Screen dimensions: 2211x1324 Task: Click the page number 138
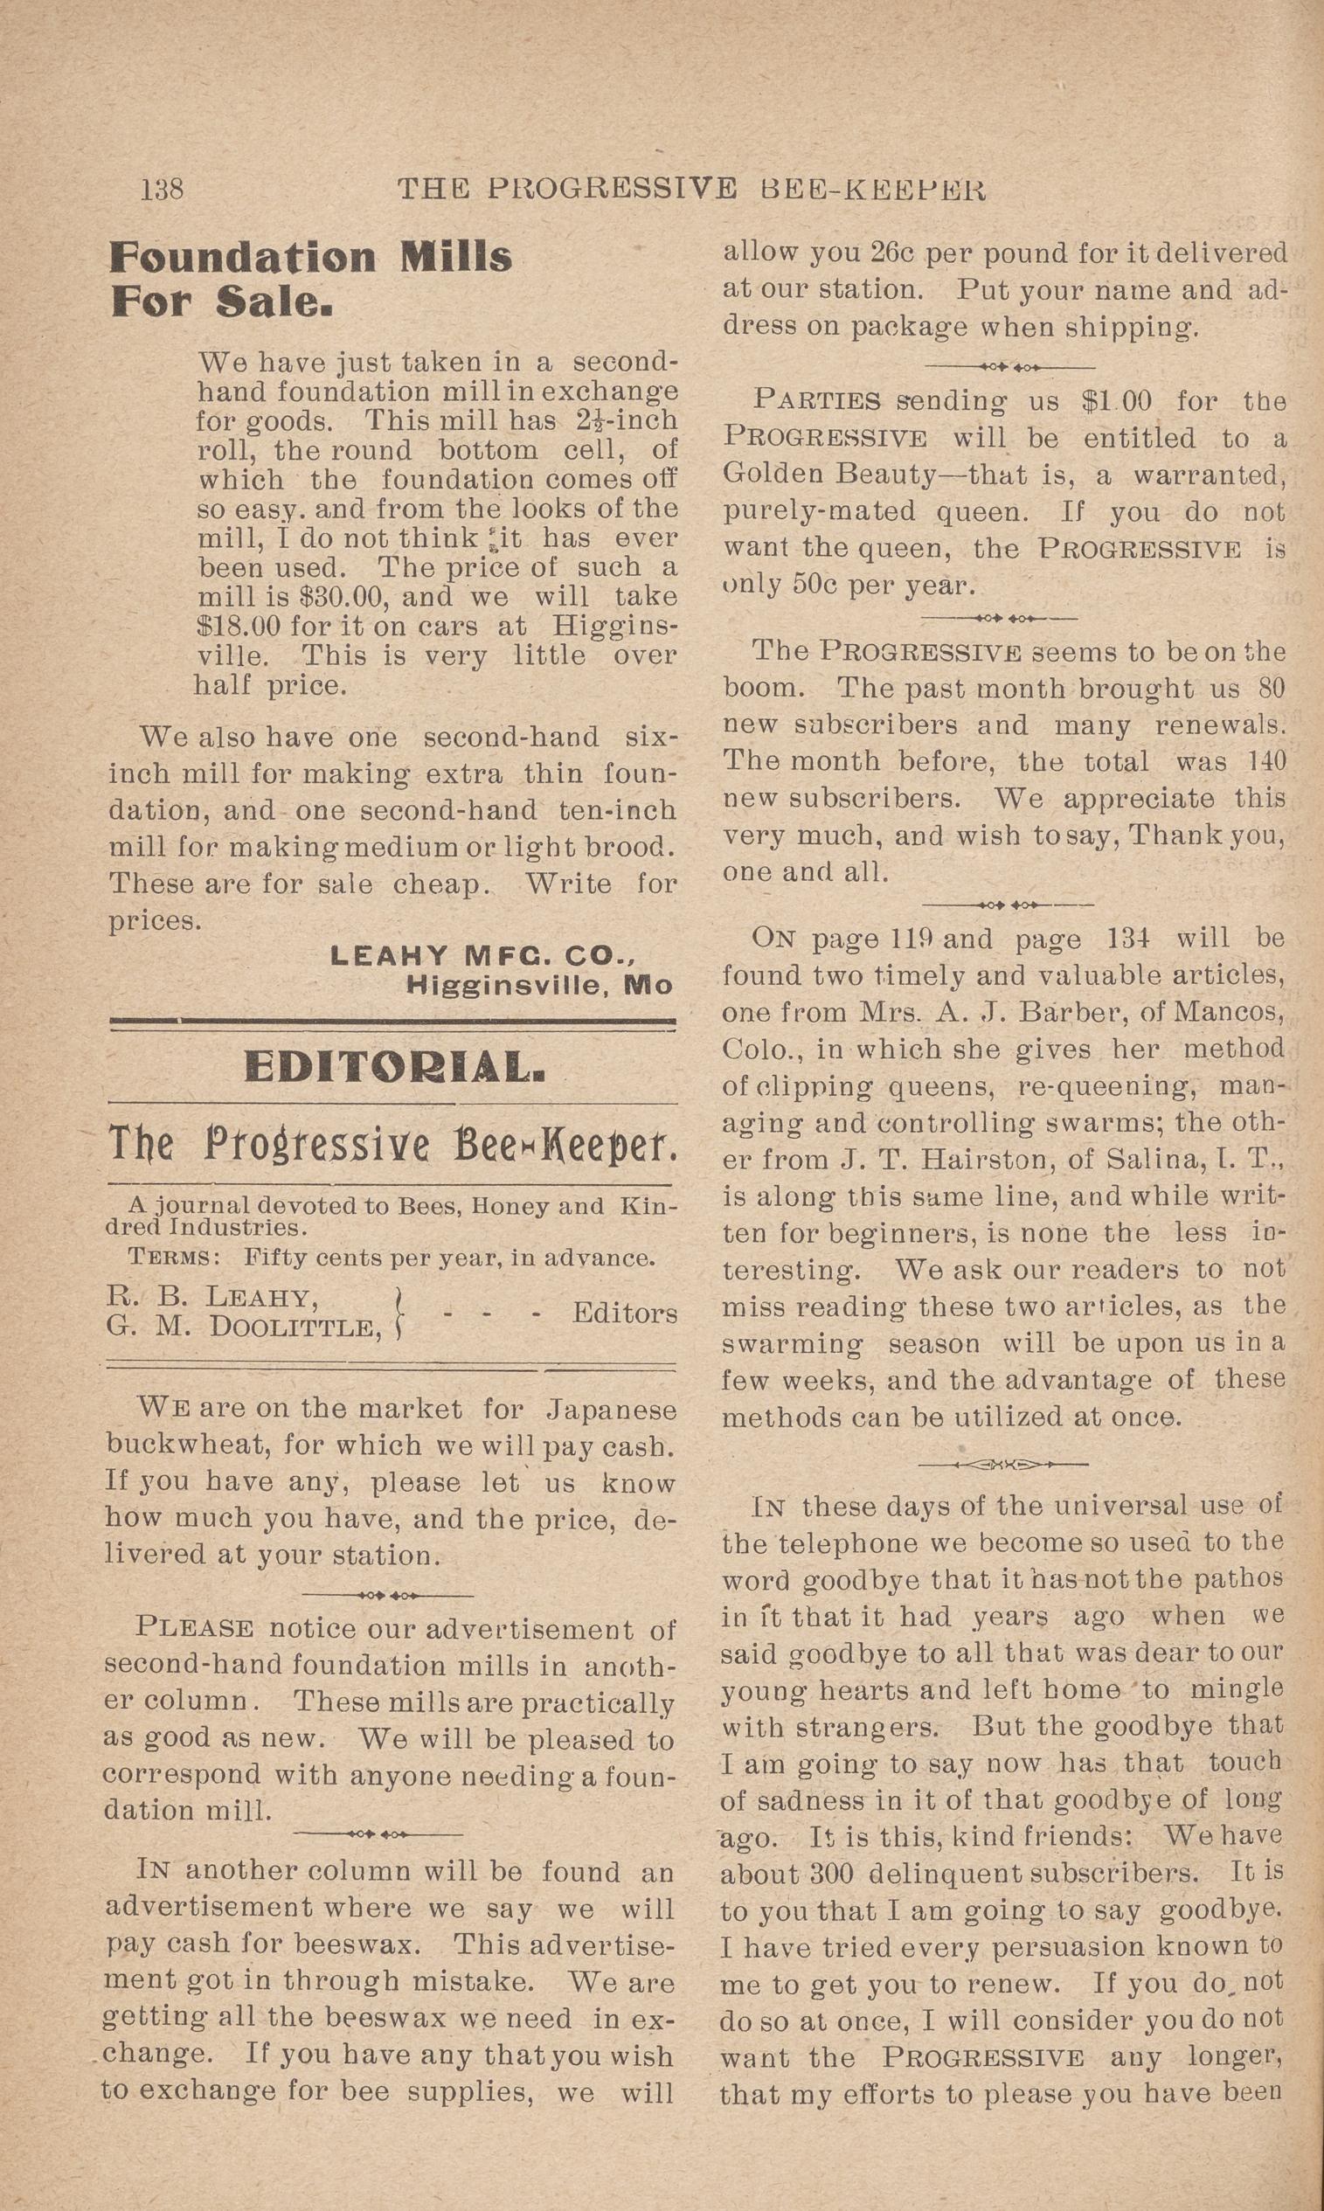click(x=162, y=189)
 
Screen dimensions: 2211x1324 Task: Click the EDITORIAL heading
click(x=393, y=1068)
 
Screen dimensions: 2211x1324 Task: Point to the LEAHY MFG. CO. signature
click(x=482, y=956)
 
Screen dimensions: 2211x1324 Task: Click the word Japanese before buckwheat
click(x=611, y=1410)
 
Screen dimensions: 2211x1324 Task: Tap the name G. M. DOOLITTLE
click(x=243, y=1328)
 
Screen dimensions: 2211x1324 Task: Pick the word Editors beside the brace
click(x=625, y=1313)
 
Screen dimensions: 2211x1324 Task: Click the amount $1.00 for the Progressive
click(x=1115, y=402)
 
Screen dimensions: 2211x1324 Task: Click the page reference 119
click(x=911, y=939)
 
